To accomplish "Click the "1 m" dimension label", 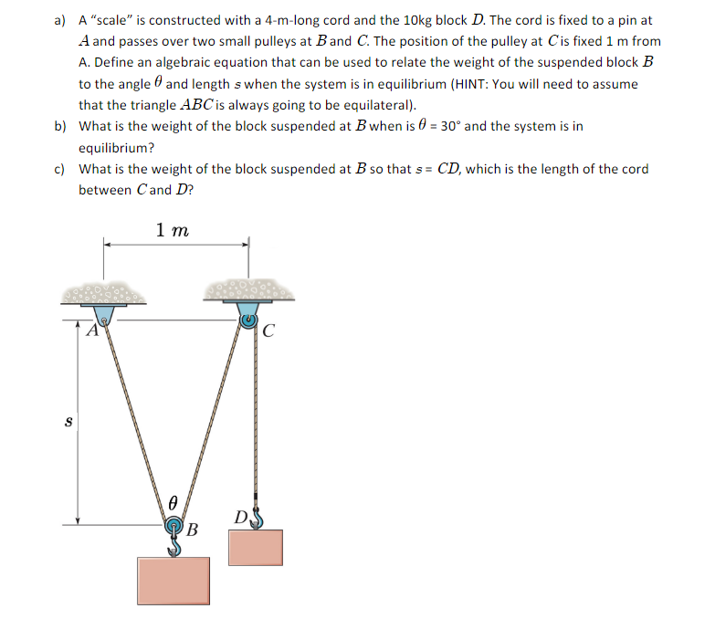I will pos(173,231).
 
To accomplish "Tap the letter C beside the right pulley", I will pos(268,332).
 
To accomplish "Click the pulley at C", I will pos(247,320).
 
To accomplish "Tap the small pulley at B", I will pos(173,527).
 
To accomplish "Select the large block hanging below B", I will pos(173,582).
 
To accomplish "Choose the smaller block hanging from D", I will pos(255,547).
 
